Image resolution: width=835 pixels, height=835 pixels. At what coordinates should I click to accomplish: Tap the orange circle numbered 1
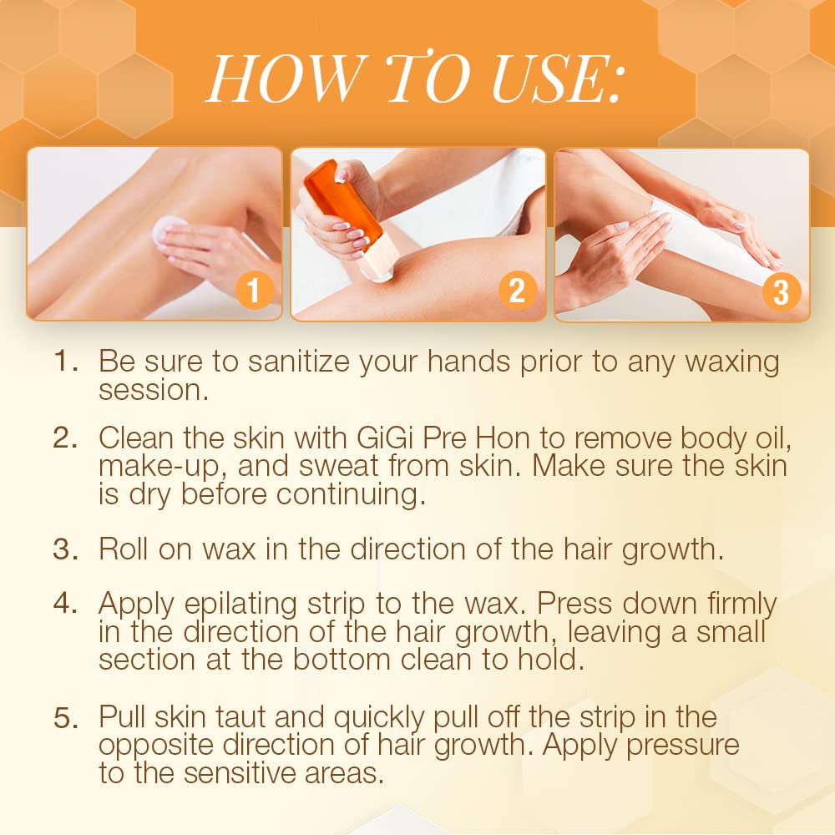[x=256, y=291]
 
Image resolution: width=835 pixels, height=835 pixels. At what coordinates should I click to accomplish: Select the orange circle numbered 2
[x=518, y=291]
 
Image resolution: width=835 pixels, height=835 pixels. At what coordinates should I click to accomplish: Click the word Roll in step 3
[x=125, y=549]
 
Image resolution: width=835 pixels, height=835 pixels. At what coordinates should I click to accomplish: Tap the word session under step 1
[x=154, y=390]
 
